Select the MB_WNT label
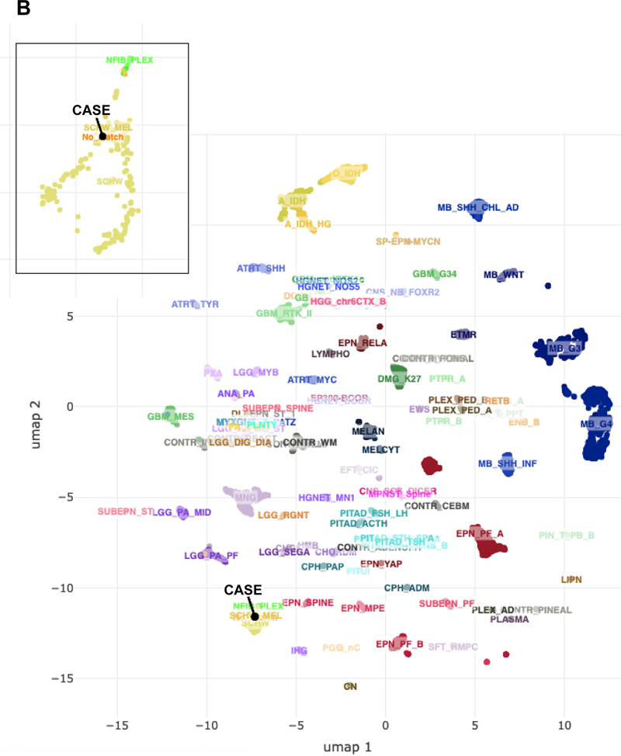504,275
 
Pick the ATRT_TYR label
195,304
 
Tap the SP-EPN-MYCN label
408,241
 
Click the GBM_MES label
171,417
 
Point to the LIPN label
571,580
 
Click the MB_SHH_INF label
508,464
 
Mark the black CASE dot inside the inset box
102,137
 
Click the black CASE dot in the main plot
255,617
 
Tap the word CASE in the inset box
92,110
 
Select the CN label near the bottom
350,687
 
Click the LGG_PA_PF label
211,556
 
